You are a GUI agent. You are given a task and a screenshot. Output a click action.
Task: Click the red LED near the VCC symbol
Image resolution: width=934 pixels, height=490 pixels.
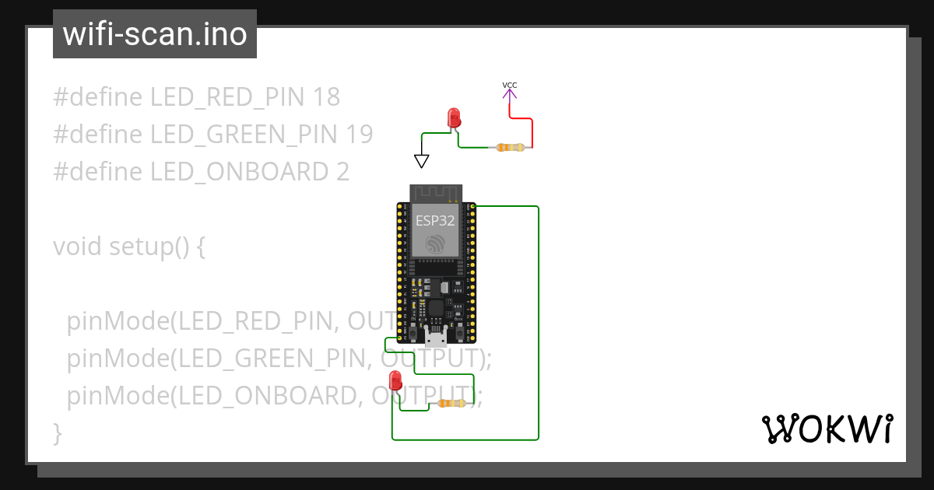(454, 118)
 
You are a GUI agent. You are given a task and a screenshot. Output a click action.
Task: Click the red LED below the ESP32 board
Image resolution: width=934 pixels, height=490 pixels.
(395, 380)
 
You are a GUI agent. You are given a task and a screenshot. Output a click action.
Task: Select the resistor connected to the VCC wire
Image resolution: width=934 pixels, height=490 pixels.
(511, 147)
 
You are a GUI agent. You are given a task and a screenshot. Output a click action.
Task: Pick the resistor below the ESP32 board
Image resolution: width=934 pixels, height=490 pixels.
(451, 403)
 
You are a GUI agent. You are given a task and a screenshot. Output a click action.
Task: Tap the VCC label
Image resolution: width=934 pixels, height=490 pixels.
(509, 85)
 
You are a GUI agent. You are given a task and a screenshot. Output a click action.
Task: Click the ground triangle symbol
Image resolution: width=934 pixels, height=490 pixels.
(422, 161)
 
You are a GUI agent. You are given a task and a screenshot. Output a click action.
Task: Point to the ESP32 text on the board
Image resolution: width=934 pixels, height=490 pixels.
(435, 220)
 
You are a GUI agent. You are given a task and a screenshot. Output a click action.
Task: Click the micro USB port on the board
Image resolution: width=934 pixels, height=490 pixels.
(437, 335)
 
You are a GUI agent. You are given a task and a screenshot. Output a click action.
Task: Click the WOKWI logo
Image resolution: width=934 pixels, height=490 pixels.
(827, 429)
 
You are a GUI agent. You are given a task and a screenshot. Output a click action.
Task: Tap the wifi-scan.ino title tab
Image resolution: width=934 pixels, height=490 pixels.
(154, 34)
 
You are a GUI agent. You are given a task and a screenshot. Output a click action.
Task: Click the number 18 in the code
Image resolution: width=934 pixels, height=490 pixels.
(326, 97)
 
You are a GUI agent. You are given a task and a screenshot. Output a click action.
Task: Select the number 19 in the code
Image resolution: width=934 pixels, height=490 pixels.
(358, 135)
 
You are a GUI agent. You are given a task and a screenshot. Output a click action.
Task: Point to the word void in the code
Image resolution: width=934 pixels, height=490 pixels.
(78, 247)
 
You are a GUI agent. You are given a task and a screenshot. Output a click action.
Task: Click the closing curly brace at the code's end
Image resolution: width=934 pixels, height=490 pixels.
(57, 432)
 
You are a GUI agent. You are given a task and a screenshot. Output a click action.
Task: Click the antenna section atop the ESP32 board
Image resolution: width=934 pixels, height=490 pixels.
(437, 193)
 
